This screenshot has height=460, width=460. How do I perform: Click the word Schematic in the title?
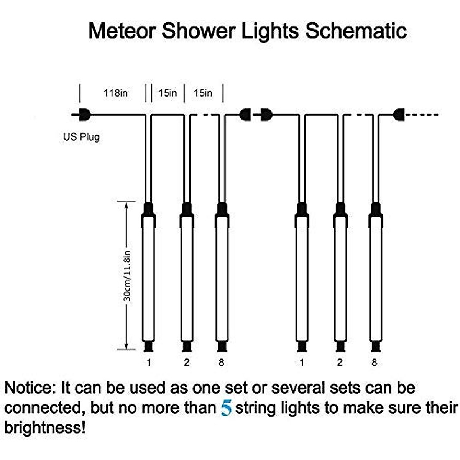[356, 31]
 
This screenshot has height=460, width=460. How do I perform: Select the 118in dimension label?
[115, 93]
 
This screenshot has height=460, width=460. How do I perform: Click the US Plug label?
[81, 137]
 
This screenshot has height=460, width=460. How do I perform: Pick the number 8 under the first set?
[221, 362]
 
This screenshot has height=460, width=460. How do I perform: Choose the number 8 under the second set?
[374, 362]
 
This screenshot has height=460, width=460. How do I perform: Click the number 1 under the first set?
[149, 362]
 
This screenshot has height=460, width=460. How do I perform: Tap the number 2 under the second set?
[339, 362]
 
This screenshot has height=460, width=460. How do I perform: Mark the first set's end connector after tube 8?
[246, 114]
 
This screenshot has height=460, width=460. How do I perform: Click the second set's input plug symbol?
[265, 114]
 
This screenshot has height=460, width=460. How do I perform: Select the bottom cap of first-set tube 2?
[187, 347]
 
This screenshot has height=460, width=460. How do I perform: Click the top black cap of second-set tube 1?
[302, 209]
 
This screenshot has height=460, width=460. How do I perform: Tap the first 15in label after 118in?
[168, 93]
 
